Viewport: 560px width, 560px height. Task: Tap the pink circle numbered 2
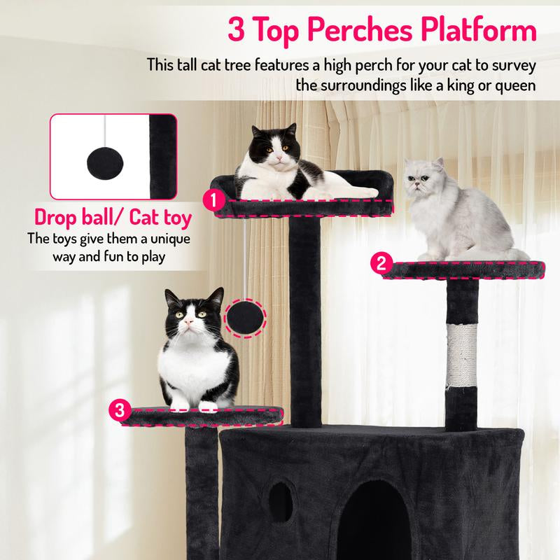tap(381, 263)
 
